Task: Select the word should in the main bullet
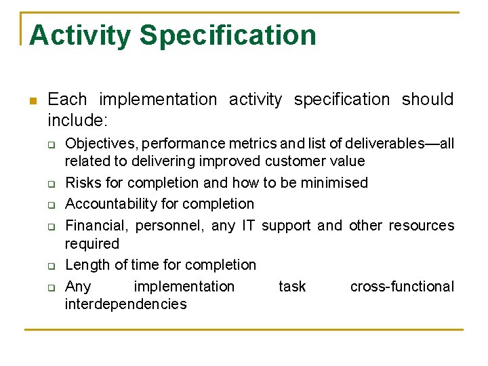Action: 427,100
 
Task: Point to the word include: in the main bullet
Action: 79,121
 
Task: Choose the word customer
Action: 296,161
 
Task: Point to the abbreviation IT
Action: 248,225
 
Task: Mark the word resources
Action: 422,225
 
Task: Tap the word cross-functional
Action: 402,287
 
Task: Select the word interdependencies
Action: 125,304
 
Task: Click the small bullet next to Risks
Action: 50,184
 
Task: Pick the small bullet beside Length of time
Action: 50,266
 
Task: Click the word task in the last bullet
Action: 292,287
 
